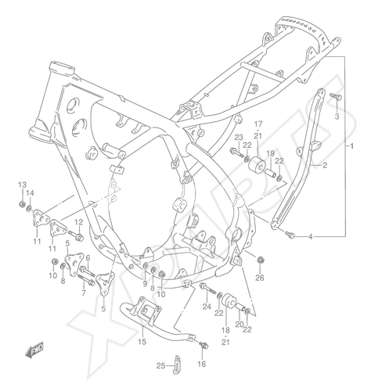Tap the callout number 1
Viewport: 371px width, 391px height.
(351, 146)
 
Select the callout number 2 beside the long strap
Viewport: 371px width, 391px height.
(325, 165)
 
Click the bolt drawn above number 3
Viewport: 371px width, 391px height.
(336, 97)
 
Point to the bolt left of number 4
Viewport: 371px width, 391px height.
(290, 235)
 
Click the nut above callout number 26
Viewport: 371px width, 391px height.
(260, 260)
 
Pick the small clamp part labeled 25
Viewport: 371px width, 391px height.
(178, 365)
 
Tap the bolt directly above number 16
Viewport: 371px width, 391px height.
(204, 345)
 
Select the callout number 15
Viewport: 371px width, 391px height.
(142, 341)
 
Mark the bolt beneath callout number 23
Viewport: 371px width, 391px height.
(237, 152)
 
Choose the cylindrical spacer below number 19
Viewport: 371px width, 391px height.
(271, 173)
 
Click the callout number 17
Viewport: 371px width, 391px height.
(258, 124)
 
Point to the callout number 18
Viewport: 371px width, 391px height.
(225, 330)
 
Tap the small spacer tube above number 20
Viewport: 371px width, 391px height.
(241, 307)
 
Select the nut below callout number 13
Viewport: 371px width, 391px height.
(22, 203)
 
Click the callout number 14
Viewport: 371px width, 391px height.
(30, 192)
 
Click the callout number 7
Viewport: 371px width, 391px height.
(84, 293)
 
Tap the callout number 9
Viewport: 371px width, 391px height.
(145, 283)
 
